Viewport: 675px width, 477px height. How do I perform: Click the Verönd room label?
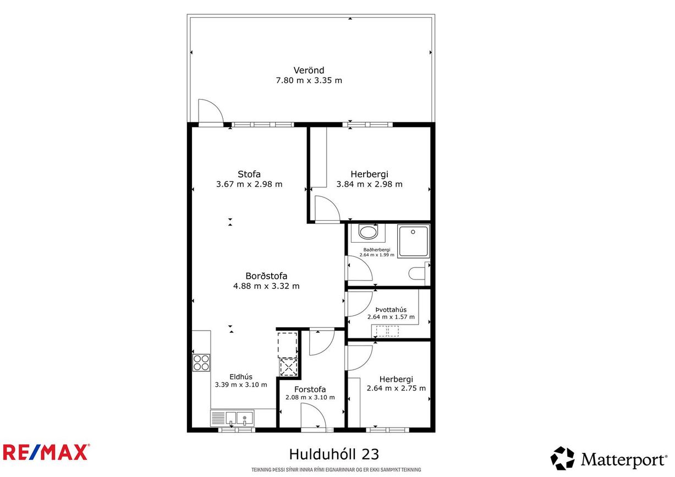(309, 70)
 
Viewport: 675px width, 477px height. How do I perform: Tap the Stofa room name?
(249, 174)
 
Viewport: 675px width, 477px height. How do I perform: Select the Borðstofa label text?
(266, 276)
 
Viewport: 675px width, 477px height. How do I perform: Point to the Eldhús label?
(241, 377)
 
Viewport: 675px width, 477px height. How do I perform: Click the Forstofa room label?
(310, 390)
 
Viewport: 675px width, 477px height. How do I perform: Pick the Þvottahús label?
(391, 310)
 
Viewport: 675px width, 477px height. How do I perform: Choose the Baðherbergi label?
(377, 250)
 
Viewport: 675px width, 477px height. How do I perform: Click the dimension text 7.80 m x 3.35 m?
(309, 80)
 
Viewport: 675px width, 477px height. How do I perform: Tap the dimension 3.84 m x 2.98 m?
(370, 184)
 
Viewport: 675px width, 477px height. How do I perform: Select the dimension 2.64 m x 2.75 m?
(396, 388)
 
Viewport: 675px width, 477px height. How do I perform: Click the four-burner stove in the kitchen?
(201, 363)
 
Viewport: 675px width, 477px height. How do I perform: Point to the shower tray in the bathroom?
(413, 241)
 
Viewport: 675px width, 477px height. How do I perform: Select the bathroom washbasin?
(368, 232)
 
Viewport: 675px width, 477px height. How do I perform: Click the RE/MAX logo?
(45, 452)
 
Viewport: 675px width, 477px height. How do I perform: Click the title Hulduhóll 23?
(334, 454)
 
